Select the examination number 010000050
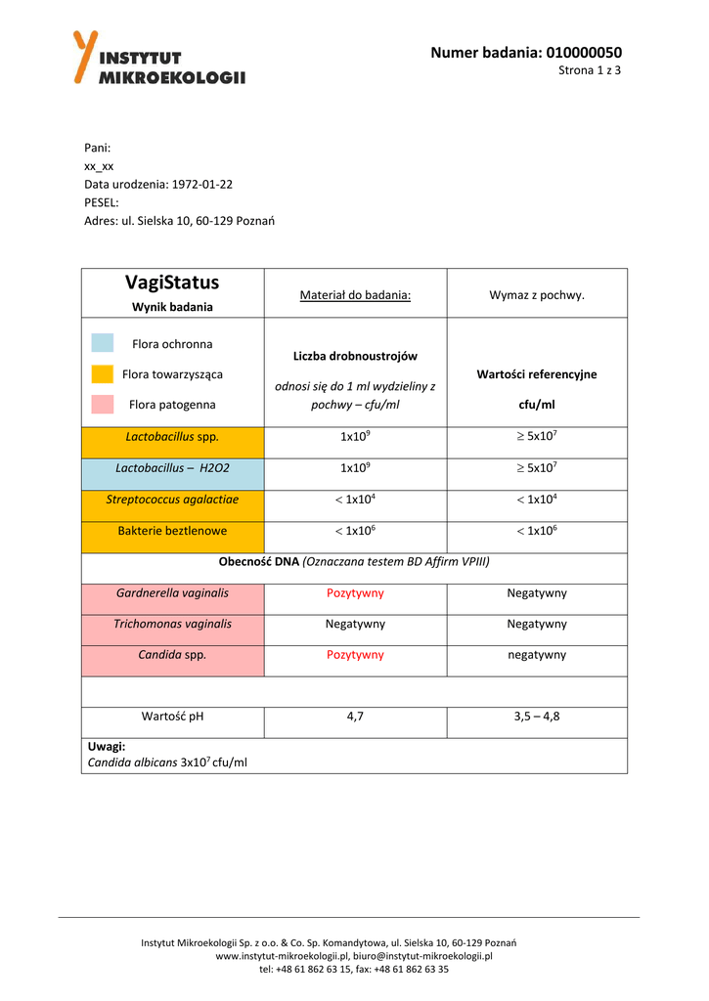584,52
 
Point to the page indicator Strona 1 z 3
590,70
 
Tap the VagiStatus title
172,283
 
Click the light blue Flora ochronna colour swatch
103,343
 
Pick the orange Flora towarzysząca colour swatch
103,373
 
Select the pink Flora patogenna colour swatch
103,404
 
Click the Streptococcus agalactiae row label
172,500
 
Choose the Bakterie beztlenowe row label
172,531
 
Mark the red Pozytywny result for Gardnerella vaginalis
355,593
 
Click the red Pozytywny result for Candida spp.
355,655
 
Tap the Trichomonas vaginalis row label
172,624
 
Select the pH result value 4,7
355,717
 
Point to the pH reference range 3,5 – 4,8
537,717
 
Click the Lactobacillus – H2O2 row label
172,468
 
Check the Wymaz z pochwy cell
537,294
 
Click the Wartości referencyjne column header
537,374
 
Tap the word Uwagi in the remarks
107,746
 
